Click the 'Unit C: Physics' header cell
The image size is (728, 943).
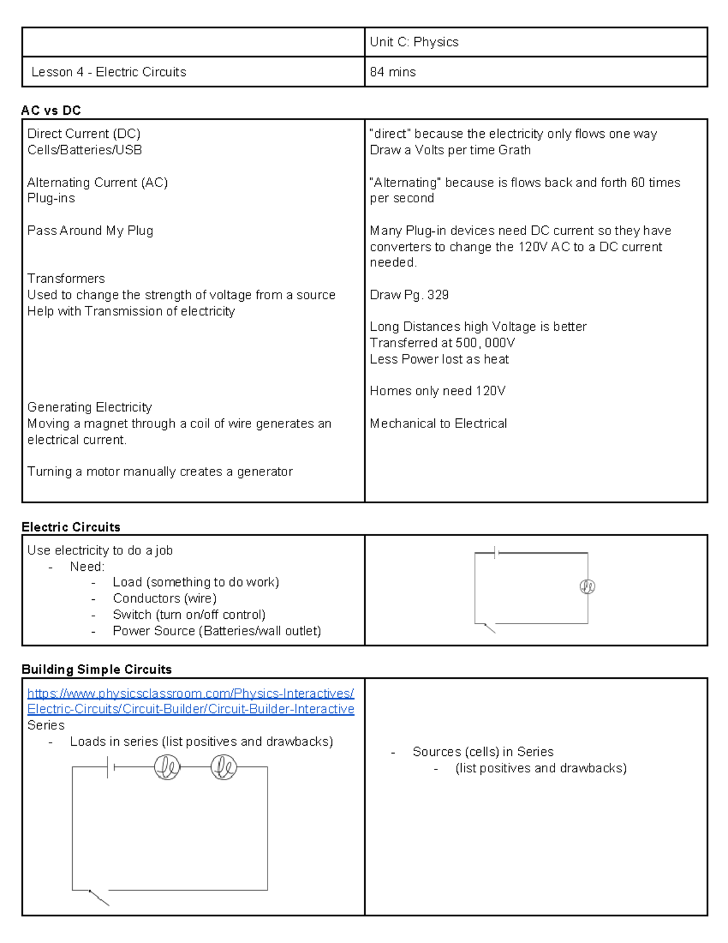(414, 42)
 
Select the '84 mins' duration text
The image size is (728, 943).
(393, 72)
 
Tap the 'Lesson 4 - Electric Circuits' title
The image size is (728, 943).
(109, 72)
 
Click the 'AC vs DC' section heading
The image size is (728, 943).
(51, 111)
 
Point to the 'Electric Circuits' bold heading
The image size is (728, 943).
(70, 527)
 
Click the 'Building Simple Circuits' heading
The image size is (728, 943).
(96, 669)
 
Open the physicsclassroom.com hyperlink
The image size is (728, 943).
(190, 701)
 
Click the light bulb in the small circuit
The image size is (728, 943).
(587, 587)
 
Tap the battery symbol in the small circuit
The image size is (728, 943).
(496, 553)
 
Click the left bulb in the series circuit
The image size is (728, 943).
(167, 767)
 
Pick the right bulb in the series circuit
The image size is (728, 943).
(223, 767)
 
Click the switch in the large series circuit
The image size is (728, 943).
(98, 897)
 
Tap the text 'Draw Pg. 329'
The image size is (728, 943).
(409, 295)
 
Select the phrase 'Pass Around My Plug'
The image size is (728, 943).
(90, 231)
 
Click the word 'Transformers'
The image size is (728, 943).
(66, 279)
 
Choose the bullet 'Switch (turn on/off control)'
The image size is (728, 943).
(189, 614)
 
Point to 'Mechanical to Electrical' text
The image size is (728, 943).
(438, 423)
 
